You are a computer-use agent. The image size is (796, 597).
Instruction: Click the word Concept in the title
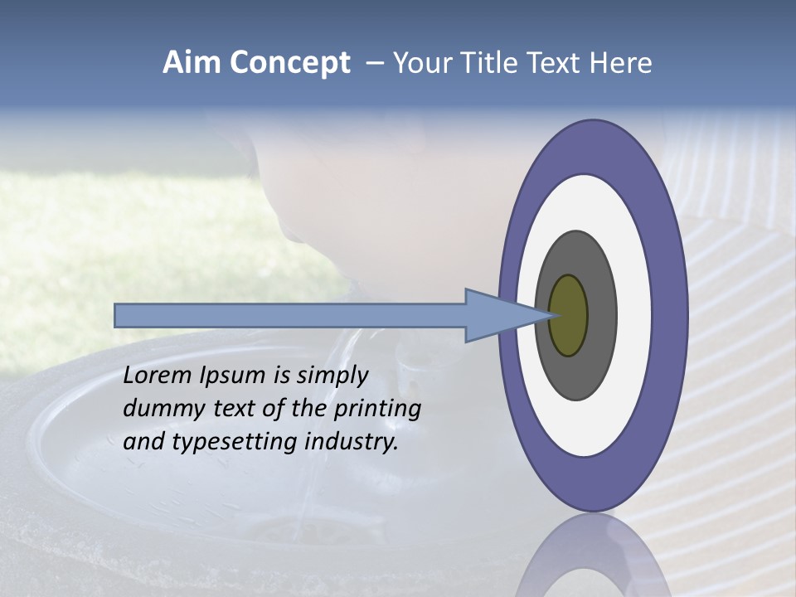289,63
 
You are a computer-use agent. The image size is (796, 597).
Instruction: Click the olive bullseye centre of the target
568,316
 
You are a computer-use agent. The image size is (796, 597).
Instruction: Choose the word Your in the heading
420,63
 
